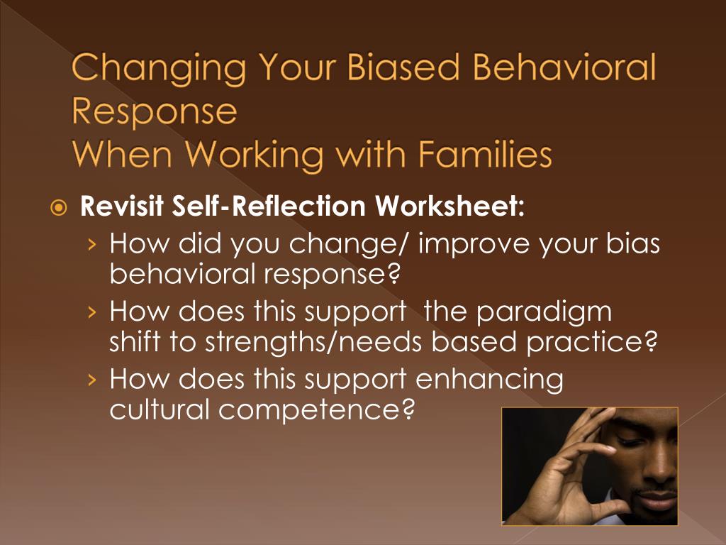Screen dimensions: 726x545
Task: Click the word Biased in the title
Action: click(403, 67)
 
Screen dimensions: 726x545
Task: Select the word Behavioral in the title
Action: click(564, 67)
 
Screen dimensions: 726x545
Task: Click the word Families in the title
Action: click(485, 153)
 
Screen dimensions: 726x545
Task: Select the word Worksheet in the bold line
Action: click(449, 206)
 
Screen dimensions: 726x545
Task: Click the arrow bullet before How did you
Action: click(93, 243)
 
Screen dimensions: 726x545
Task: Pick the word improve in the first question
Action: click(473, 245)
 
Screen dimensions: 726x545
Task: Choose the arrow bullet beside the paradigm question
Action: click(93, 312)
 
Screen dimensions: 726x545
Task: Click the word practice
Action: click(592, 343)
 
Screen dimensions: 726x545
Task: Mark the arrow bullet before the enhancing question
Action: click(93, 380)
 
